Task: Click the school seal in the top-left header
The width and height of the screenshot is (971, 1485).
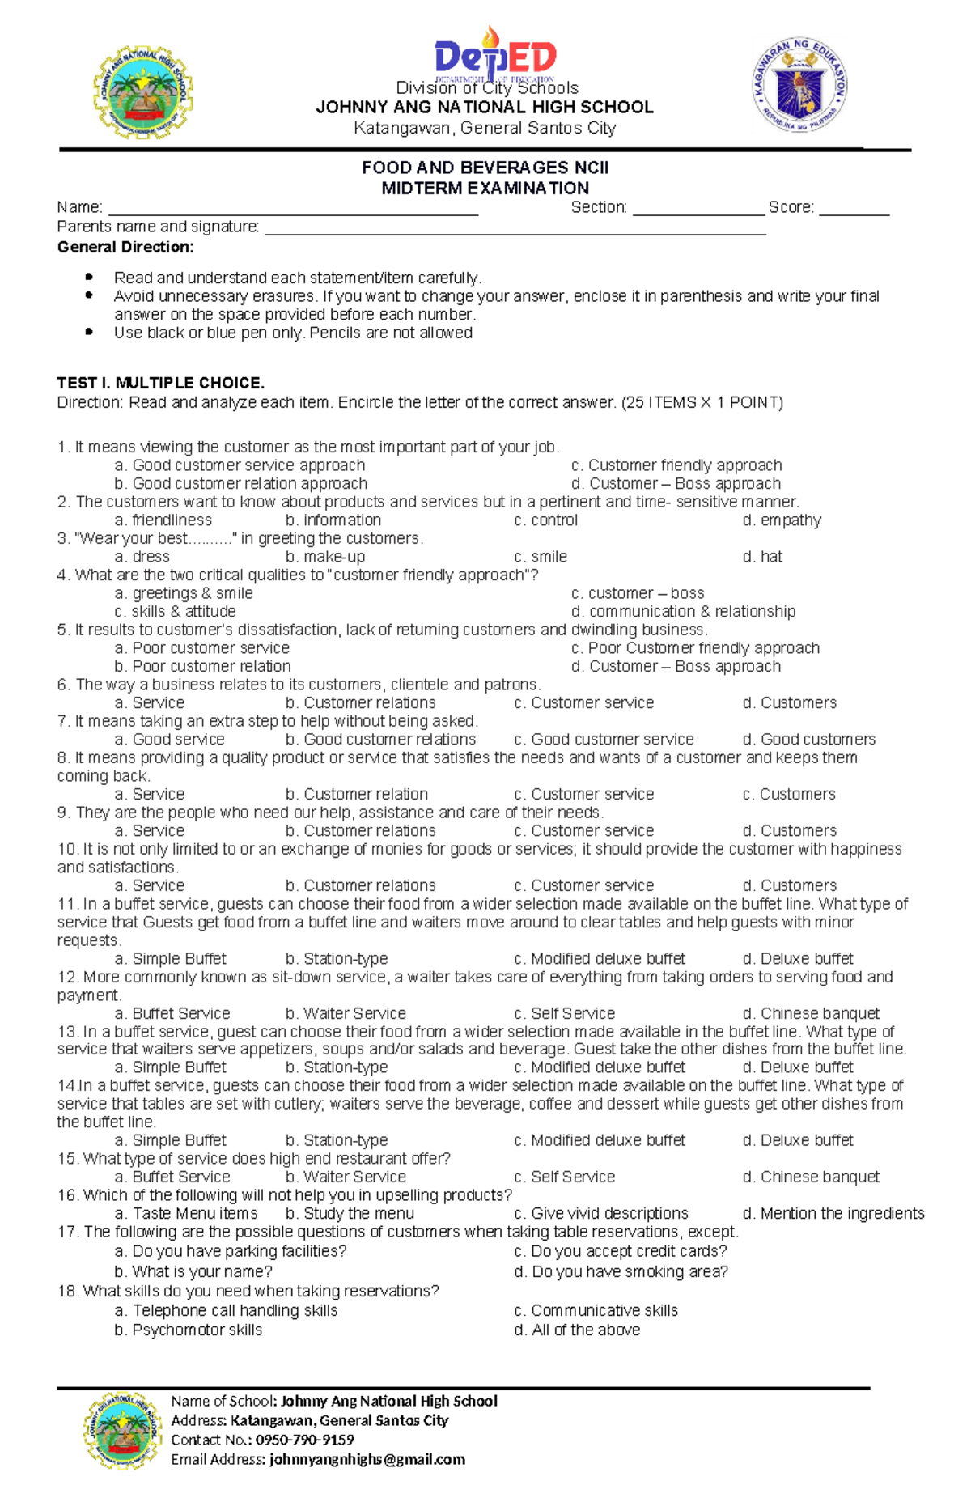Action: tap(142, 92)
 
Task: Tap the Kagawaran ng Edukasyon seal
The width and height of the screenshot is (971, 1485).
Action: tap(799, 84)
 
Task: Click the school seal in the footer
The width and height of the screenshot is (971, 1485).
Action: tap(120, 1431)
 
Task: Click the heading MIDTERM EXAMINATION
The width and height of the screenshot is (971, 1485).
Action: tap(485, 188)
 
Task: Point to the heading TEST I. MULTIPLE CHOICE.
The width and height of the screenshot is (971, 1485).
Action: tap(160, 383)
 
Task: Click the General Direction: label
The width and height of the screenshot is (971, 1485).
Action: tap(125, 247)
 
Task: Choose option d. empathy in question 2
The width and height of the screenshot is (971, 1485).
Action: tap(782, 520)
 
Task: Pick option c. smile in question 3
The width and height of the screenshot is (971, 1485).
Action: tap(541, 557)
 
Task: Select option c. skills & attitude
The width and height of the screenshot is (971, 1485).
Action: tap(175, 612)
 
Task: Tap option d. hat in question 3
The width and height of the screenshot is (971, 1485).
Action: tap(762, 557)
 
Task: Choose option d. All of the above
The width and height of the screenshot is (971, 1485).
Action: tap(577, 1330)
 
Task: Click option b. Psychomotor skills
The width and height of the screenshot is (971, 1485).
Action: tap(188, 1330)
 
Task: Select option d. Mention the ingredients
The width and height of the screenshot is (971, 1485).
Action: tap(833, 1213)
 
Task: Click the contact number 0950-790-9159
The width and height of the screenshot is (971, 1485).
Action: tap(304, 1440)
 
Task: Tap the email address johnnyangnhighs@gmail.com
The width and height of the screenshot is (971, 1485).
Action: tap(367, 1459)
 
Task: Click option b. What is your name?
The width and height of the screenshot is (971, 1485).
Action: tap(193, 1271)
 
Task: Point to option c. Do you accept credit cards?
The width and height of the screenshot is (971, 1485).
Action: tap(621, 1251)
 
